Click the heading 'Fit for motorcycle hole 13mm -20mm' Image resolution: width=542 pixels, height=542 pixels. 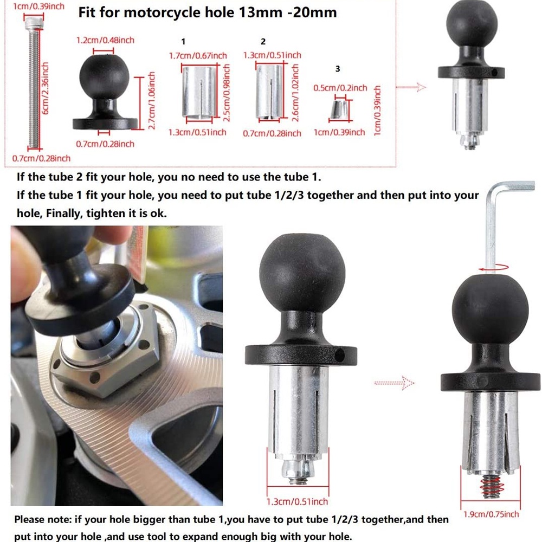tap(207, 12)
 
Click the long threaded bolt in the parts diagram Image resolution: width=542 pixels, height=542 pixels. tap(32, 81)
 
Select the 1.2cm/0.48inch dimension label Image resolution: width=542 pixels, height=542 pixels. tap(105, 40)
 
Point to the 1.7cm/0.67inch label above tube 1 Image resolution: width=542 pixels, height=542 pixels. tap(197, 55)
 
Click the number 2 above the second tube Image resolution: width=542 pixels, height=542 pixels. tap(263, 42)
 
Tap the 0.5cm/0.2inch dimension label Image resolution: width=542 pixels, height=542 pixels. tap(340, 88)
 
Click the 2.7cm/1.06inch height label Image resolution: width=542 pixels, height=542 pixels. tap(152, 100)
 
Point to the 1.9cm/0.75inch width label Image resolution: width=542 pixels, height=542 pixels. tap(491, 514)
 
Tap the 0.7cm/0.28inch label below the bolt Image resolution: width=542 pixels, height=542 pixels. tap(41, 158)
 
